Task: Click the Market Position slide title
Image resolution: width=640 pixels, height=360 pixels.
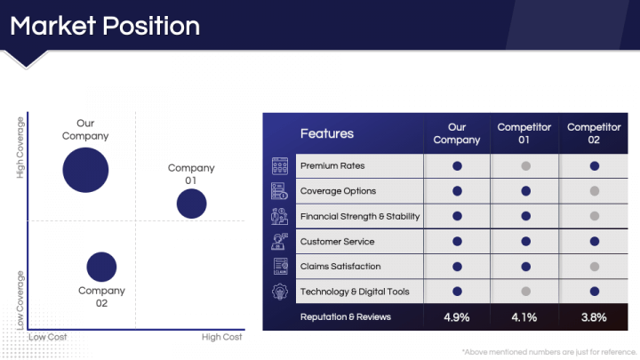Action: [x=105, y=26]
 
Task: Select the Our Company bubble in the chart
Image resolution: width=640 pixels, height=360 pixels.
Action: [x=85, y=170]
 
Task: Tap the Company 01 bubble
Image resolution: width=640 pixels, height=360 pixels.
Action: [x=191, y=204]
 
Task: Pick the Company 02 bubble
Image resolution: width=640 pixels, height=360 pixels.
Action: [x=101, y=267]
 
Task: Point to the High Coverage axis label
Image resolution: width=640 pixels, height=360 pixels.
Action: [x=20, y=148]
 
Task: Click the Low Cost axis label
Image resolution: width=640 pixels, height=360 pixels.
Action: [x=48, y=337]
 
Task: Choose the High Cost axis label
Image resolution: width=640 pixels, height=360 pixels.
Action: [x=221, y=337]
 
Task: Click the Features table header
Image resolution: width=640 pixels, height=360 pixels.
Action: [x=327, y=133]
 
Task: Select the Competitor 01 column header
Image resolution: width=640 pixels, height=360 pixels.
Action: [x=524, y=133]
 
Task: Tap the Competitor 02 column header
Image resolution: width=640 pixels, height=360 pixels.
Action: [x=594, y=133]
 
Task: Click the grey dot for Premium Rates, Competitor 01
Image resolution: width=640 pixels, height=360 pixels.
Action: [x=525, y=166]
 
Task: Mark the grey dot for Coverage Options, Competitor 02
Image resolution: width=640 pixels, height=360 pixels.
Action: [x=595, y=191]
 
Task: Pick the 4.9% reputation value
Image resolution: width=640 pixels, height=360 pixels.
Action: [x=457, y=317]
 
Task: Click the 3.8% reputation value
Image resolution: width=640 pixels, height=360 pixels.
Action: [x=594, y=317]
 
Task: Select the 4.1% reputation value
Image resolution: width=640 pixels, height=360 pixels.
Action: [x=524, y=317]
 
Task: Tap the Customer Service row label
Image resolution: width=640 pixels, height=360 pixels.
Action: [x=337, y=242]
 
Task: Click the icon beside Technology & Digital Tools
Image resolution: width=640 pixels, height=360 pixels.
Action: [x=280, y=292]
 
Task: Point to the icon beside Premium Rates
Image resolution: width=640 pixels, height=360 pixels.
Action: [x=280, y=166]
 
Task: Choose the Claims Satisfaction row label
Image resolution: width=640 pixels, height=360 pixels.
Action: [x=340, y=267]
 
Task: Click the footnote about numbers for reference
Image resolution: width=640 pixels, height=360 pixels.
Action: [x=549, y=352]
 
